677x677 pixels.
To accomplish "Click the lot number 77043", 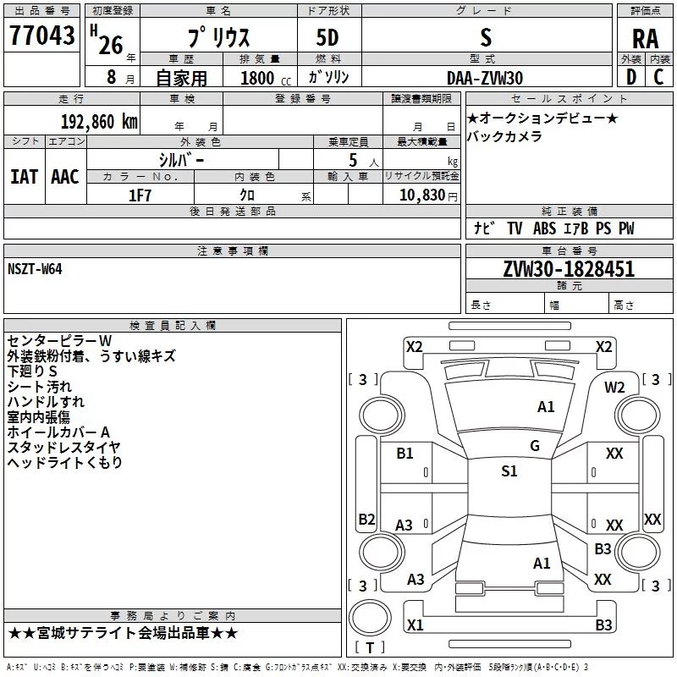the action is pos(41,36).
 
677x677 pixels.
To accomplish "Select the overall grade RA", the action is pos(645,39).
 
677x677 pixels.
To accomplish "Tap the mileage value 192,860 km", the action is pos(99,122).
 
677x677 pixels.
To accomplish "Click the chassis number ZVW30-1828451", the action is pos(569,269).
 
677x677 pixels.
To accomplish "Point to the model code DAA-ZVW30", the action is pos(485,78).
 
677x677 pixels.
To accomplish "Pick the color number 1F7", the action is pos(140,195).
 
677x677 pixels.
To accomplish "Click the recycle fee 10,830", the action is pos(422,195).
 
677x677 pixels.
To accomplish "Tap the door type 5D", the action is pos(327,38).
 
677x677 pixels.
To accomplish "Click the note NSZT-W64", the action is pos(35,269).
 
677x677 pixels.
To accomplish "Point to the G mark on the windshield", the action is pos(535,446).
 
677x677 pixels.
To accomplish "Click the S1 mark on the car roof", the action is pos(509,471).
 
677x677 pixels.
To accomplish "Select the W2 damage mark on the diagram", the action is pos(614,388).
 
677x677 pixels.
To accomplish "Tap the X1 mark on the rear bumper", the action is pos(415,625).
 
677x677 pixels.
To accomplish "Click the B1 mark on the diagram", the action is pos(405,454).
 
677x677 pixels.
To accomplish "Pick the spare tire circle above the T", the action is pos(370,619).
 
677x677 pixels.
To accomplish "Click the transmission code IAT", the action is pos(24,177).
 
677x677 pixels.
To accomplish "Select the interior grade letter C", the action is pos(658,77).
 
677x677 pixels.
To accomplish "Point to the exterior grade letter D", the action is pos(631,77).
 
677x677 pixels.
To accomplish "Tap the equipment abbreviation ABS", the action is pos(544,228).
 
